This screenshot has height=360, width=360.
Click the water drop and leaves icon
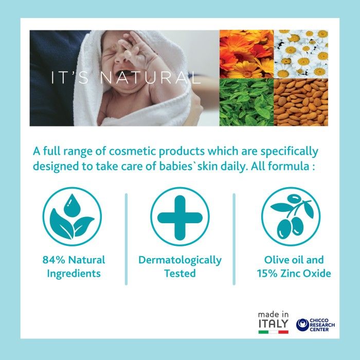[72, 217]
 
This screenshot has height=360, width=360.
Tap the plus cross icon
[180, 218]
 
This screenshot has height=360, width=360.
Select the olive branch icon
[291, 217]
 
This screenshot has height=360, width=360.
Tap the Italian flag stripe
[273, 332]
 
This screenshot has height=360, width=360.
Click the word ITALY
[273, 323]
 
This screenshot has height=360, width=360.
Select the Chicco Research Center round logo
[302, 325]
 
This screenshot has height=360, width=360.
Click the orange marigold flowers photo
[246, 54]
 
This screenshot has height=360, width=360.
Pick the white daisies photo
[301, 54]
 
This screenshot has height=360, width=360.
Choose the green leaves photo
[246, 102]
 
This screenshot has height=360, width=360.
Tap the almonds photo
[301, 102]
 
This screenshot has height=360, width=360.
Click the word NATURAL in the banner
[150, 78]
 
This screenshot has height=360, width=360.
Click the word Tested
[180, 274]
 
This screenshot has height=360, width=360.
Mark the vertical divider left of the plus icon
[126, 239]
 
